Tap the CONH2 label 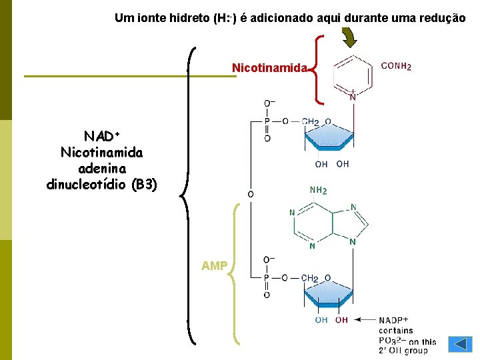pos(396,66)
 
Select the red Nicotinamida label pos(269,68)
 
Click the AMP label pos(215,267)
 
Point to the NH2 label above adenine pos(319,191)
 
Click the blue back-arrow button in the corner pos(460,345)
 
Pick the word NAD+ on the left pos(101,137)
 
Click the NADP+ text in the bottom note pos(393,321)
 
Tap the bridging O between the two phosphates pos(251,194)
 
